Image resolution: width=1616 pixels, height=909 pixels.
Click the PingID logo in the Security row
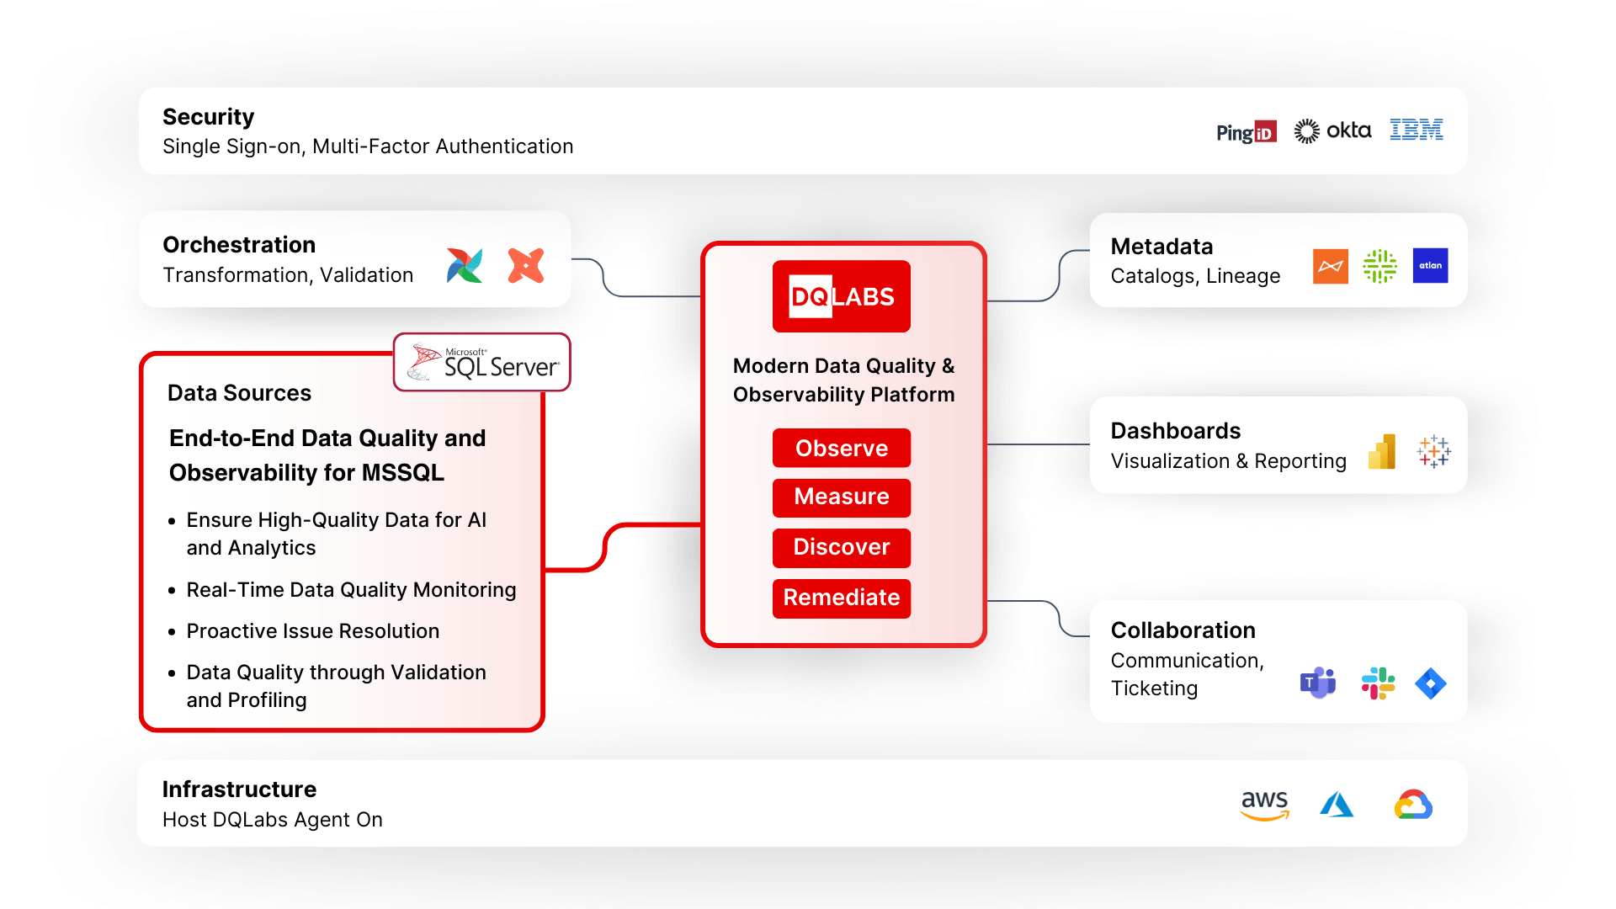coord(1247,132)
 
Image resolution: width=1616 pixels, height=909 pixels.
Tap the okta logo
coord(1332,130)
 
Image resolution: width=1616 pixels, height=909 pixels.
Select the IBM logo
coord(1417,130)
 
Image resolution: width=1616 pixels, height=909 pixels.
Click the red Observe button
coord(842,448)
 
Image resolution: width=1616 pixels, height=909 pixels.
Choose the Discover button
coord(842,547)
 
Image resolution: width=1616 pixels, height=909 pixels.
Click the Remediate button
coord(842,598)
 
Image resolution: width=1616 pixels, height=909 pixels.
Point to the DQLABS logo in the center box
coord(842,296)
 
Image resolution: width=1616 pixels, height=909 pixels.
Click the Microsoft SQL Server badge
coord(482,363)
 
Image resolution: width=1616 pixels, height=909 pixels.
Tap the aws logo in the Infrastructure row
coord(1265,805)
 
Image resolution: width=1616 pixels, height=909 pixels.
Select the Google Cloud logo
coord(1413,805)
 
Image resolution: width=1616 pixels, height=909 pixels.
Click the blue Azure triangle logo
coord(1337,805)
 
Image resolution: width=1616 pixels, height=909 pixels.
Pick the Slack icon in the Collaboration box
coord(1379,683)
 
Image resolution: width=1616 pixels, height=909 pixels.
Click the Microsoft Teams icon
coord(1318,683)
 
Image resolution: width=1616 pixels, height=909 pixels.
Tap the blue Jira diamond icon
coord(1431,683)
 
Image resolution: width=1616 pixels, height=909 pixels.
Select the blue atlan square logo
coord(1430,266)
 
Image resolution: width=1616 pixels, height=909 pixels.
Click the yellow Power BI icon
coord(1382,452)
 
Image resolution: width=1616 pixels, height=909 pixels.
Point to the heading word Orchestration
coord(239,245)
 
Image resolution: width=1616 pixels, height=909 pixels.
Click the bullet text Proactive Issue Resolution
coord(312,631)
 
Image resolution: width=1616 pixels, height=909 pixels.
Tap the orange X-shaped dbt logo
coord(526,266)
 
